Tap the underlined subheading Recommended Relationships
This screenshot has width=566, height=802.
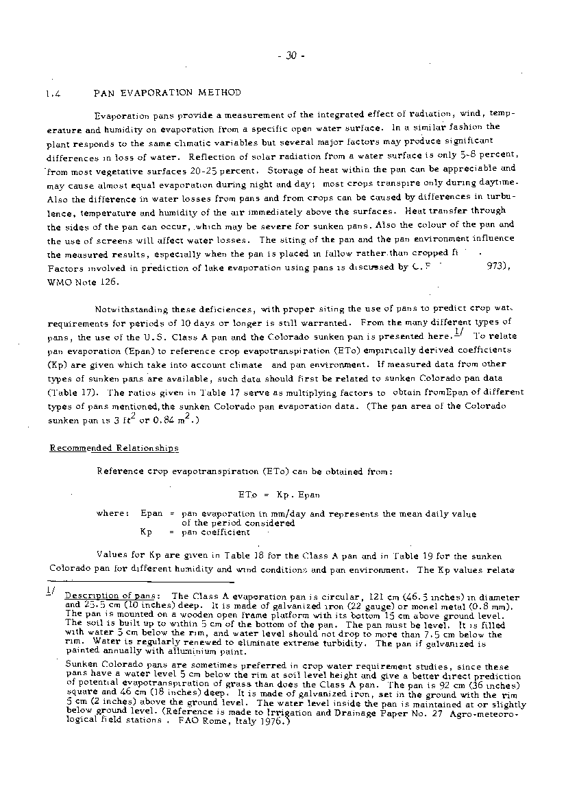(x=114, y=448)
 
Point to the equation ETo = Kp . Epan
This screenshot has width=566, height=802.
(x=279, y=494)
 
